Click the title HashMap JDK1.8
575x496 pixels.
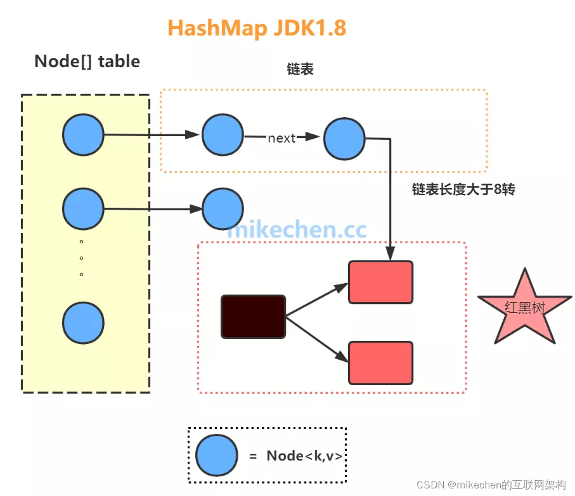point(257,29)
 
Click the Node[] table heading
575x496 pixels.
point(87,61)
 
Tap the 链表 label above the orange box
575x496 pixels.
point(300,70)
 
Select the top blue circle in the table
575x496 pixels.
point(83,135)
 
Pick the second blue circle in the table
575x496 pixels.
point(83,208)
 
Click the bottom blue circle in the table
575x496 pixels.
point(83,323)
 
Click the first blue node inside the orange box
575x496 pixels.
point(223,135)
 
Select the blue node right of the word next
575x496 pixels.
point(344,139)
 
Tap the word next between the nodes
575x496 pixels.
point(281,138)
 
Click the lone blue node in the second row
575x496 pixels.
point(223,208)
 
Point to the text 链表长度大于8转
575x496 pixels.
point(463,189)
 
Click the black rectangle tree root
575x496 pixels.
point(253,316)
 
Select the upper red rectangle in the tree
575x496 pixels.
point(380,282)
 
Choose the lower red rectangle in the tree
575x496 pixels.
point(380,363)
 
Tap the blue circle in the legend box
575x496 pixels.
point(216,455)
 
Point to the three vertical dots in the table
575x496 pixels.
point(82,258)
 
